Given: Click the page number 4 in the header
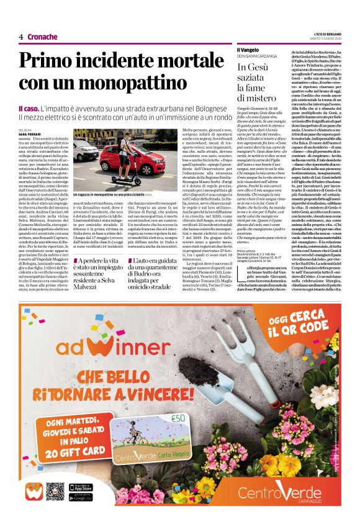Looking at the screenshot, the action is click(21, 37).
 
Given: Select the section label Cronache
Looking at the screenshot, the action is click(43, 37).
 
